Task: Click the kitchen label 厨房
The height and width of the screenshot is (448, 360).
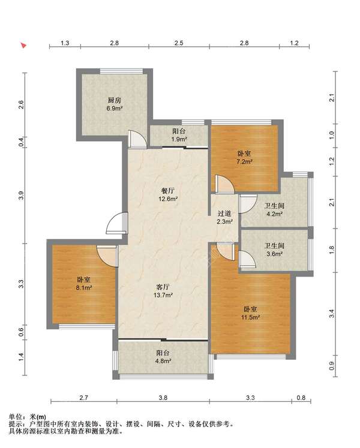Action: click(x=115, y=100)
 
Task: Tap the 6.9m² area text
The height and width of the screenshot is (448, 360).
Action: click(x=115, y=109)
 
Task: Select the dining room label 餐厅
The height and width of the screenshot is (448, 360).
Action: click(x=168, y=191)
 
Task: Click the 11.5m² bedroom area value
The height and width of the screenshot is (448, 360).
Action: click(x=250, y=317)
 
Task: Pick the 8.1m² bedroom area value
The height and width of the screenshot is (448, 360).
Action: click(x=84, y=287)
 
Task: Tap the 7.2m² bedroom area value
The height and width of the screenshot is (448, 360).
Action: click(x=244, y=161)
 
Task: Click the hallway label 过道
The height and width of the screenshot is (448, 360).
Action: click(x=224, y=214)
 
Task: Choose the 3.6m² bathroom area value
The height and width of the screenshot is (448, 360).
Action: click(x=275, y=254)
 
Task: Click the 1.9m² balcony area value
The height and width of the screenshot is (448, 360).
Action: click(x=179, y=139)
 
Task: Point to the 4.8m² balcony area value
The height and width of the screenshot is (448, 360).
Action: click(x=163, y=361)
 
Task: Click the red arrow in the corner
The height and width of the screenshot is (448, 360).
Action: click(x=23, y=45)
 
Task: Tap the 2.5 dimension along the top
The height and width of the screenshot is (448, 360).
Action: click(x=179, y=43)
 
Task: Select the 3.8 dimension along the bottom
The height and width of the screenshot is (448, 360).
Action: click(x=163, y=398)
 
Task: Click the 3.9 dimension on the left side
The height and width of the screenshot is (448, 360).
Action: click(x=21, y=196)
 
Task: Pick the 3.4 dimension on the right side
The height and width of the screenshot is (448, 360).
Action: click(x=331, y=314)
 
